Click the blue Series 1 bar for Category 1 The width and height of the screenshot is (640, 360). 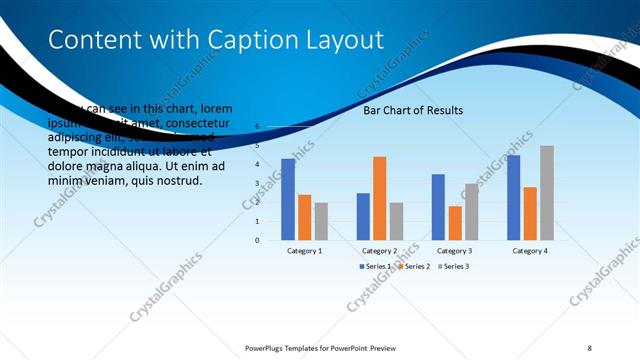[288, 199]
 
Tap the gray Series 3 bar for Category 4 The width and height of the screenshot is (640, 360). [546, 192]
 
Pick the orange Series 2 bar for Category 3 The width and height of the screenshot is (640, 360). [455, 223]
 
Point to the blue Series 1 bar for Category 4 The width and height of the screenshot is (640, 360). [513, 197]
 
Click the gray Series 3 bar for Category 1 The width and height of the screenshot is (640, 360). [321, 221]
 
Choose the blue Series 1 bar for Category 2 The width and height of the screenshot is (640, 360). [363, 216]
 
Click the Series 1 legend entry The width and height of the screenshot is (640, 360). [377, 266]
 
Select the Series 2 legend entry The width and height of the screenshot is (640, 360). [414, 266]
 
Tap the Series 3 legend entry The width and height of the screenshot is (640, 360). [453, 266]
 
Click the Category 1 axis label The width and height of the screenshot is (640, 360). [304, 250]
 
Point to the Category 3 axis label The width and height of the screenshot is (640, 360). [455, 250]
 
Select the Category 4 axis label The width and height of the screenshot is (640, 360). [530, 250]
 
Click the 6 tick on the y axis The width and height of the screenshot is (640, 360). [257, 127]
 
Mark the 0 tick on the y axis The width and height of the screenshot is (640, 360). [257, 240]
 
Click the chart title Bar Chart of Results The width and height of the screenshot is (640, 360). [413, 110]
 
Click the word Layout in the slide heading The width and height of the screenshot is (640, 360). [345, 40]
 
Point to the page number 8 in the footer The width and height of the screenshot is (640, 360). [589, 347]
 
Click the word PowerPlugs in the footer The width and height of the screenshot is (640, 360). [269, 347]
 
